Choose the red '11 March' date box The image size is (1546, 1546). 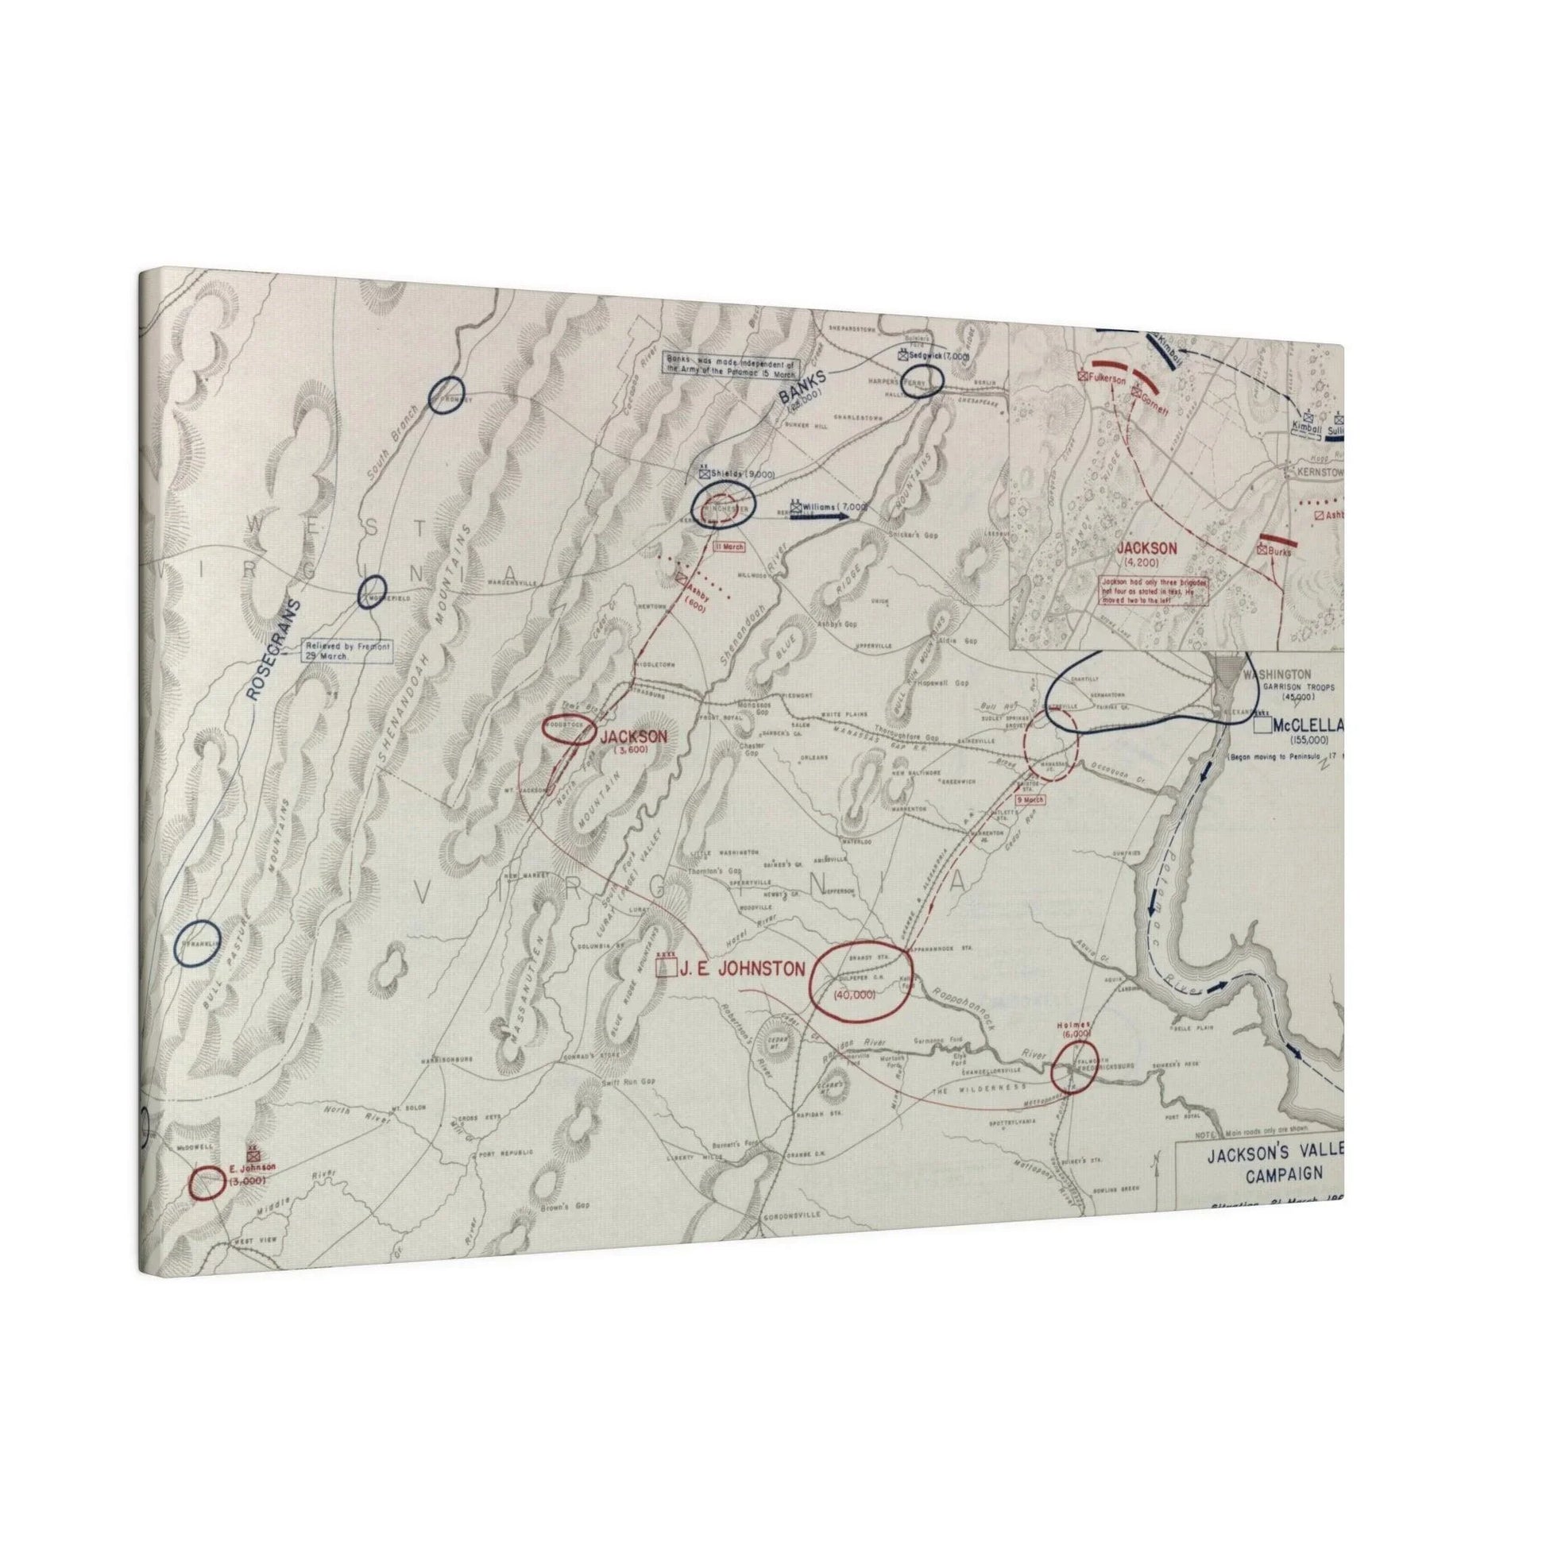click(729, 547)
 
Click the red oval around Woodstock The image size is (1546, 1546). click(568, 729)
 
